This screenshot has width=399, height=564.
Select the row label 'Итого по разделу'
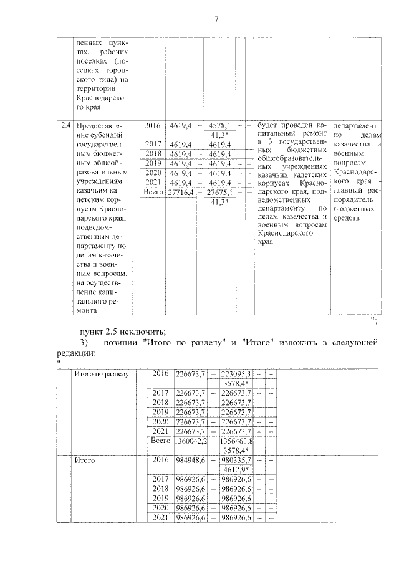102,373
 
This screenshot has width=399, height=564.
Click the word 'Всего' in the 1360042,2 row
161,440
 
